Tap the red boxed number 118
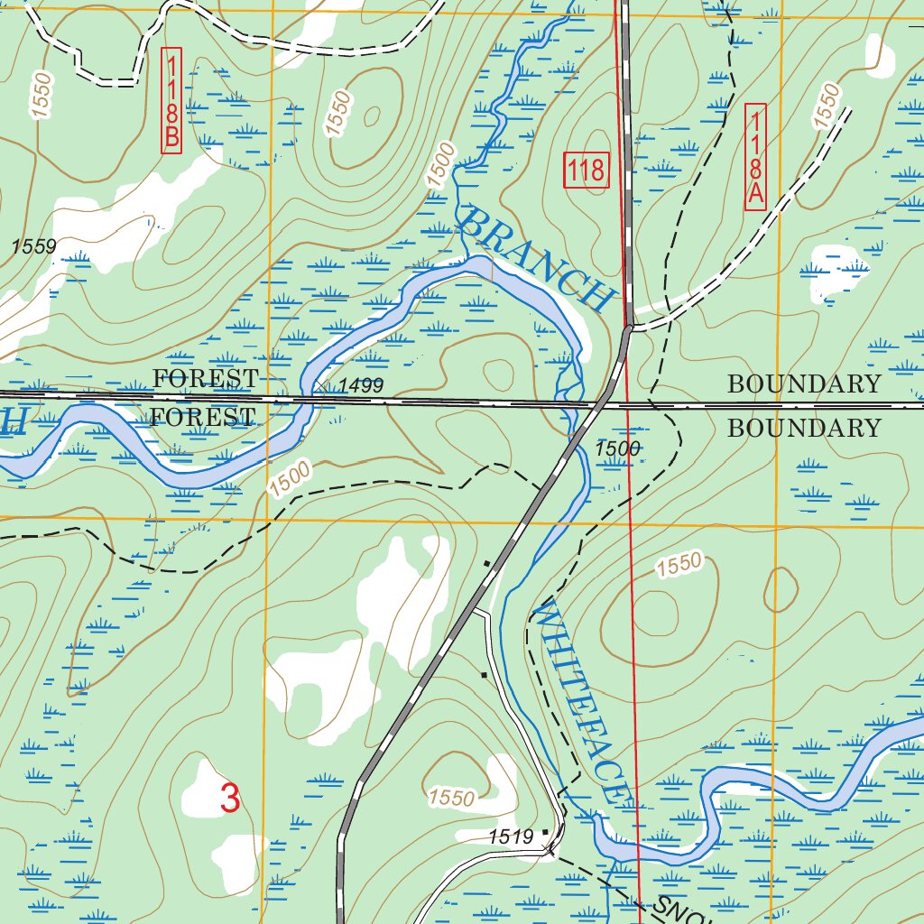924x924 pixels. pos(587,170)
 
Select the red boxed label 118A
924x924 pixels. pos(756,157)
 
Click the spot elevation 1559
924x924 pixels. pos(34,245)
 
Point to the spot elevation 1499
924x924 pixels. pos(361,386)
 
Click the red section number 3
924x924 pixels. pos(230,799)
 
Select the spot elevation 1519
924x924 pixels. pos(512,837)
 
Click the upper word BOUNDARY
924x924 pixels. pos(803,383)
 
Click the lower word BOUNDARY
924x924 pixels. pos(803,428)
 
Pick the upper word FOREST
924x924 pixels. pos(206,378)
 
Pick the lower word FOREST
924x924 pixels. pos(202,417)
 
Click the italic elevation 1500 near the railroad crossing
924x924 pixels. pos(617,448)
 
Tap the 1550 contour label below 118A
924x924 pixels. pos(826,106)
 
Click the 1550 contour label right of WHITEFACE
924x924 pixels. pos(679,566)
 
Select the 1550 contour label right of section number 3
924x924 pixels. pos(451,798)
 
